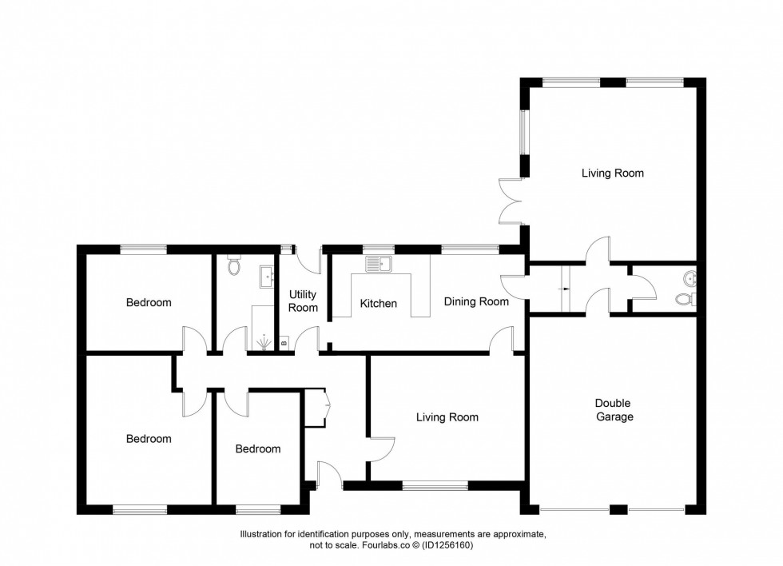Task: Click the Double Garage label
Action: pyautogui.click(x=614, y=410)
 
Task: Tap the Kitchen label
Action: pyautogui.click(x=378, y=304)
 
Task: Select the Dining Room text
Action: pyautogui.click(x=476, y=302)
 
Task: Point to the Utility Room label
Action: pyautogui.click(x=303, y=301)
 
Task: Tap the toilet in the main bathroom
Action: pyautogui.click(x=234, y=265)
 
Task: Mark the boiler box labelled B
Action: pyautogui.click(x=284, y=344)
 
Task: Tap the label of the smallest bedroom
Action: pyautogui.click(x=257, y=449)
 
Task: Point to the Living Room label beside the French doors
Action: pyautogui.click(x=612, y=173)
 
